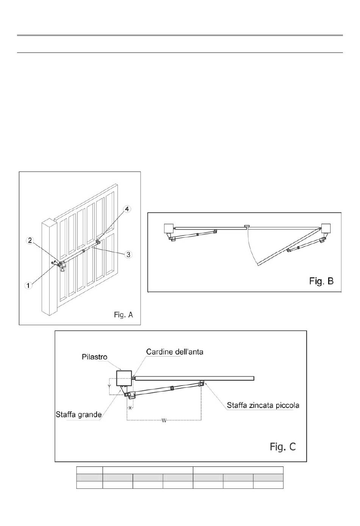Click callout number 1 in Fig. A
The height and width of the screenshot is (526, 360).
[28, 285]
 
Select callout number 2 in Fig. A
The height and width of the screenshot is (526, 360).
[30, 240]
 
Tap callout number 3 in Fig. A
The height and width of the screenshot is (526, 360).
[128, 254]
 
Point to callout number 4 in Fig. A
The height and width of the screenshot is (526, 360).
[127, 209]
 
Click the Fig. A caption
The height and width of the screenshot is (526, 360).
[124, 314]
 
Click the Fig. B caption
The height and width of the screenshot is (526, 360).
[321, 281]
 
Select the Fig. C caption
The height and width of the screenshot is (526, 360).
[283, 446]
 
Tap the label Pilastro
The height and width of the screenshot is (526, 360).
[94, 357]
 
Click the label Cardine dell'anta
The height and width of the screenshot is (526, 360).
[175, 352]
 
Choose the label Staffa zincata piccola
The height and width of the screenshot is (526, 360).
[263, 405]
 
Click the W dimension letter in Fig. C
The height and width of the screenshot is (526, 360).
[164, 421]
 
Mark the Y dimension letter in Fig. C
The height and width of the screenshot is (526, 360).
[109, 386]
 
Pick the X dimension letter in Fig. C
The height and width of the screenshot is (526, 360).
[130, 408]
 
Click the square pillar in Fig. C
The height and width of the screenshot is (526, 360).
[124, 378]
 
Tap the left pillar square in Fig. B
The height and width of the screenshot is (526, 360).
[169, 228]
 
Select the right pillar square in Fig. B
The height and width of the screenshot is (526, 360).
[326, 228]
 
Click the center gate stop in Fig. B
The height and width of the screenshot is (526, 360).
[247, 226]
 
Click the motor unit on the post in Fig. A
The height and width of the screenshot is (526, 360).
[62, 266]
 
